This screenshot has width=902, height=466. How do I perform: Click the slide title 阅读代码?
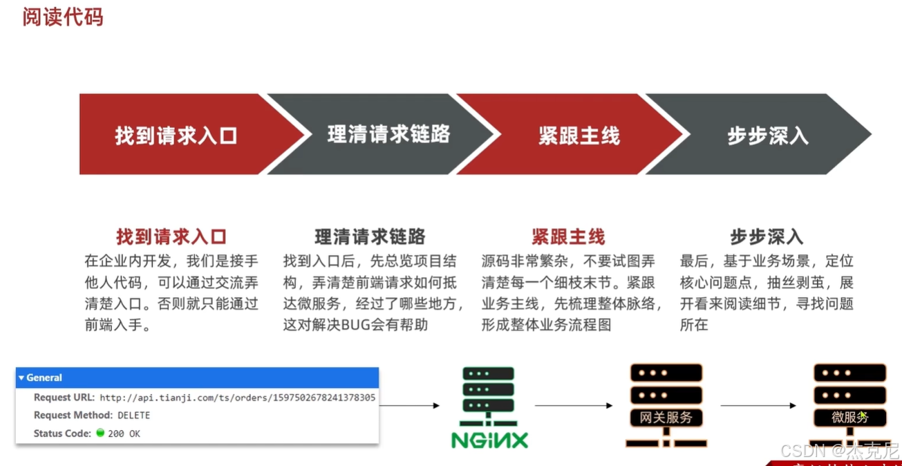[x=62, y=17]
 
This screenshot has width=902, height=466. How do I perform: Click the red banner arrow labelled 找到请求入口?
[x=176, y=135]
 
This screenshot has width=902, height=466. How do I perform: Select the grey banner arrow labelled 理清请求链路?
[x=388, y=135]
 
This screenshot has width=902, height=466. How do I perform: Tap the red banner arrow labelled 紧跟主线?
[x=579, y=135]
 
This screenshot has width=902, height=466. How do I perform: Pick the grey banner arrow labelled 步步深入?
[x=767, y=135]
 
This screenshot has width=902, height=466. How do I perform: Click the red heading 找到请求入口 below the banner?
[x=171, y=237]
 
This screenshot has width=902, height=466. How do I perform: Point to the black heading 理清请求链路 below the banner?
[x=370, y=237]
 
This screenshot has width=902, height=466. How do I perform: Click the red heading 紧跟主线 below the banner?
[x=568, y=237]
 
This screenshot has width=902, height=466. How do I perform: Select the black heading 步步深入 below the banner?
[x=767, y=237]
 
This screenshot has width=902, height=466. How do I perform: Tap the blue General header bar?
[x=197, y=378]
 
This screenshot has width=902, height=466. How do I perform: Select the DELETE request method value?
[x=133, y=416]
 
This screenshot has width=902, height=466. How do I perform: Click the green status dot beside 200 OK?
[x=100, y=434]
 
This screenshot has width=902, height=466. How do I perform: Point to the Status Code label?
[x=62, y=434]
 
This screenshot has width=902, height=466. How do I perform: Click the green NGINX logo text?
[x=489, y=440]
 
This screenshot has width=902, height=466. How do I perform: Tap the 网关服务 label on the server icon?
[x=666, y=418]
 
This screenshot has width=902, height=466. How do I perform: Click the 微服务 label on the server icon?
[x=849, y=418]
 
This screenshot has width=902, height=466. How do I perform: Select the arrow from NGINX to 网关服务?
[x=574, y=406]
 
